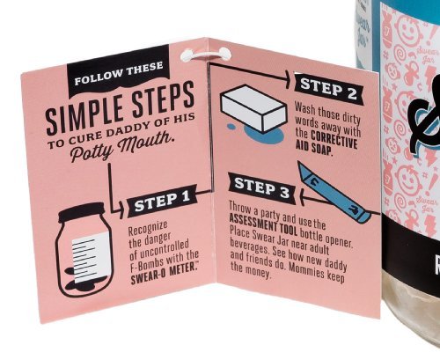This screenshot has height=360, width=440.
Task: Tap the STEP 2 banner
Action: point(329,87)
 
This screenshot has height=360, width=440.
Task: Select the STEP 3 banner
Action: point(262,188)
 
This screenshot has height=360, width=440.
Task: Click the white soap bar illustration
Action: point(253,108)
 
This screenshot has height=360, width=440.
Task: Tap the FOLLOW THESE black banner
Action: point(118,73)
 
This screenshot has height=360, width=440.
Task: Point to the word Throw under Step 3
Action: point(239,208)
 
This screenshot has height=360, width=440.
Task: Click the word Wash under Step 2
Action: point(304,108)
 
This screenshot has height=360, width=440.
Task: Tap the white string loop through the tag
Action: point(206,55)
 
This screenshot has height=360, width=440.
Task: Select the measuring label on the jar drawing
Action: point(92,259)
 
